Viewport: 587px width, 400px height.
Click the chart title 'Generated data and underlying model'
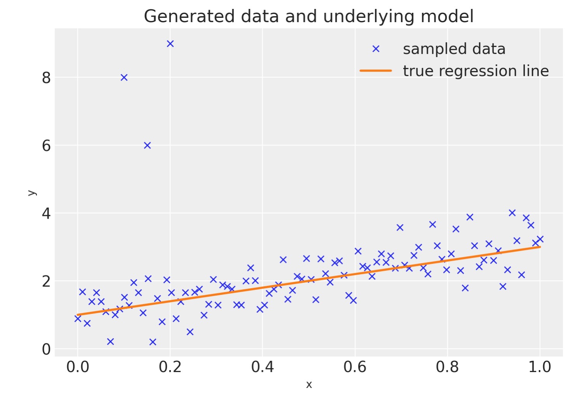click(x=308, y=17)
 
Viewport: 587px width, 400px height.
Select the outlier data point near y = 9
click(x=170, y=44)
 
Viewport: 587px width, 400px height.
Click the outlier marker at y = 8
click(x=124, y=78)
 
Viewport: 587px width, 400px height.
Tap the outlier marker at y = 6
click(x=147, y=146)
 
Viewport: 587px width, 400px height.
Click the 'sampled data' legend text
click(x=454, y=49)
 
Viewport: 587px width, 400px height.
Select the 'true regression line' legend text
click(x=476, y=71)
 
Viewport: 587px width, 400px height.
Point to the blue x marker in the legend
click(x=376, y=49)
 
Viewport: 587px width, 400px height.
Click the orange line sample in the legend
click(x=376, y=71)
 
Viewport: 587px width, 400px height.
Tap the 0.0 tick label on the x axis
click(x=78, y=367)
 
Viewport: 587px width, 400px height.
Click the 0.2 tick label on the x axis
click(x=170, y=367)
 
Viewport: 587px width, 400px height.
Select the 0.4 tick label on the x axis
click(x=263, y=367)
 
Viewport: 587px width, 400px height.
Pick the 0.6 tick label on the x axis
click(x=355, y=367)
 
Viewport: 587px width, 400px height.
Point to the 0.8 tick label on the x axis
click(x=448, y=367)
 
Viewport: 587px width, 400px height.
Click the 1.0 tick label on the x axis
click(x=540, y=367)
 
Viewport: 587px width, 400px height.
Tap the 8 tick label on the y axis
click(x=46, y=78)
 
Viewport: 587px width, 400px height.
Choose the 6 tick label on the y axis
click(x=46, y=146)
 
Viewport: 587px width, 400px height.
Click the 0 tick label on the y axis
click(x=46, y=350)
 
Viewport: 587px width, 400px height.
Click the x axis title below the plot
click(x=309, y=385)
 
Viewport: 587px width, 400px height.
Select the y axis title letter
click(x=32, y=193)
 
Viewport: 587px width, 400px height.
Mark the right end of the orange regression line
click(x=540, y=247)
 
